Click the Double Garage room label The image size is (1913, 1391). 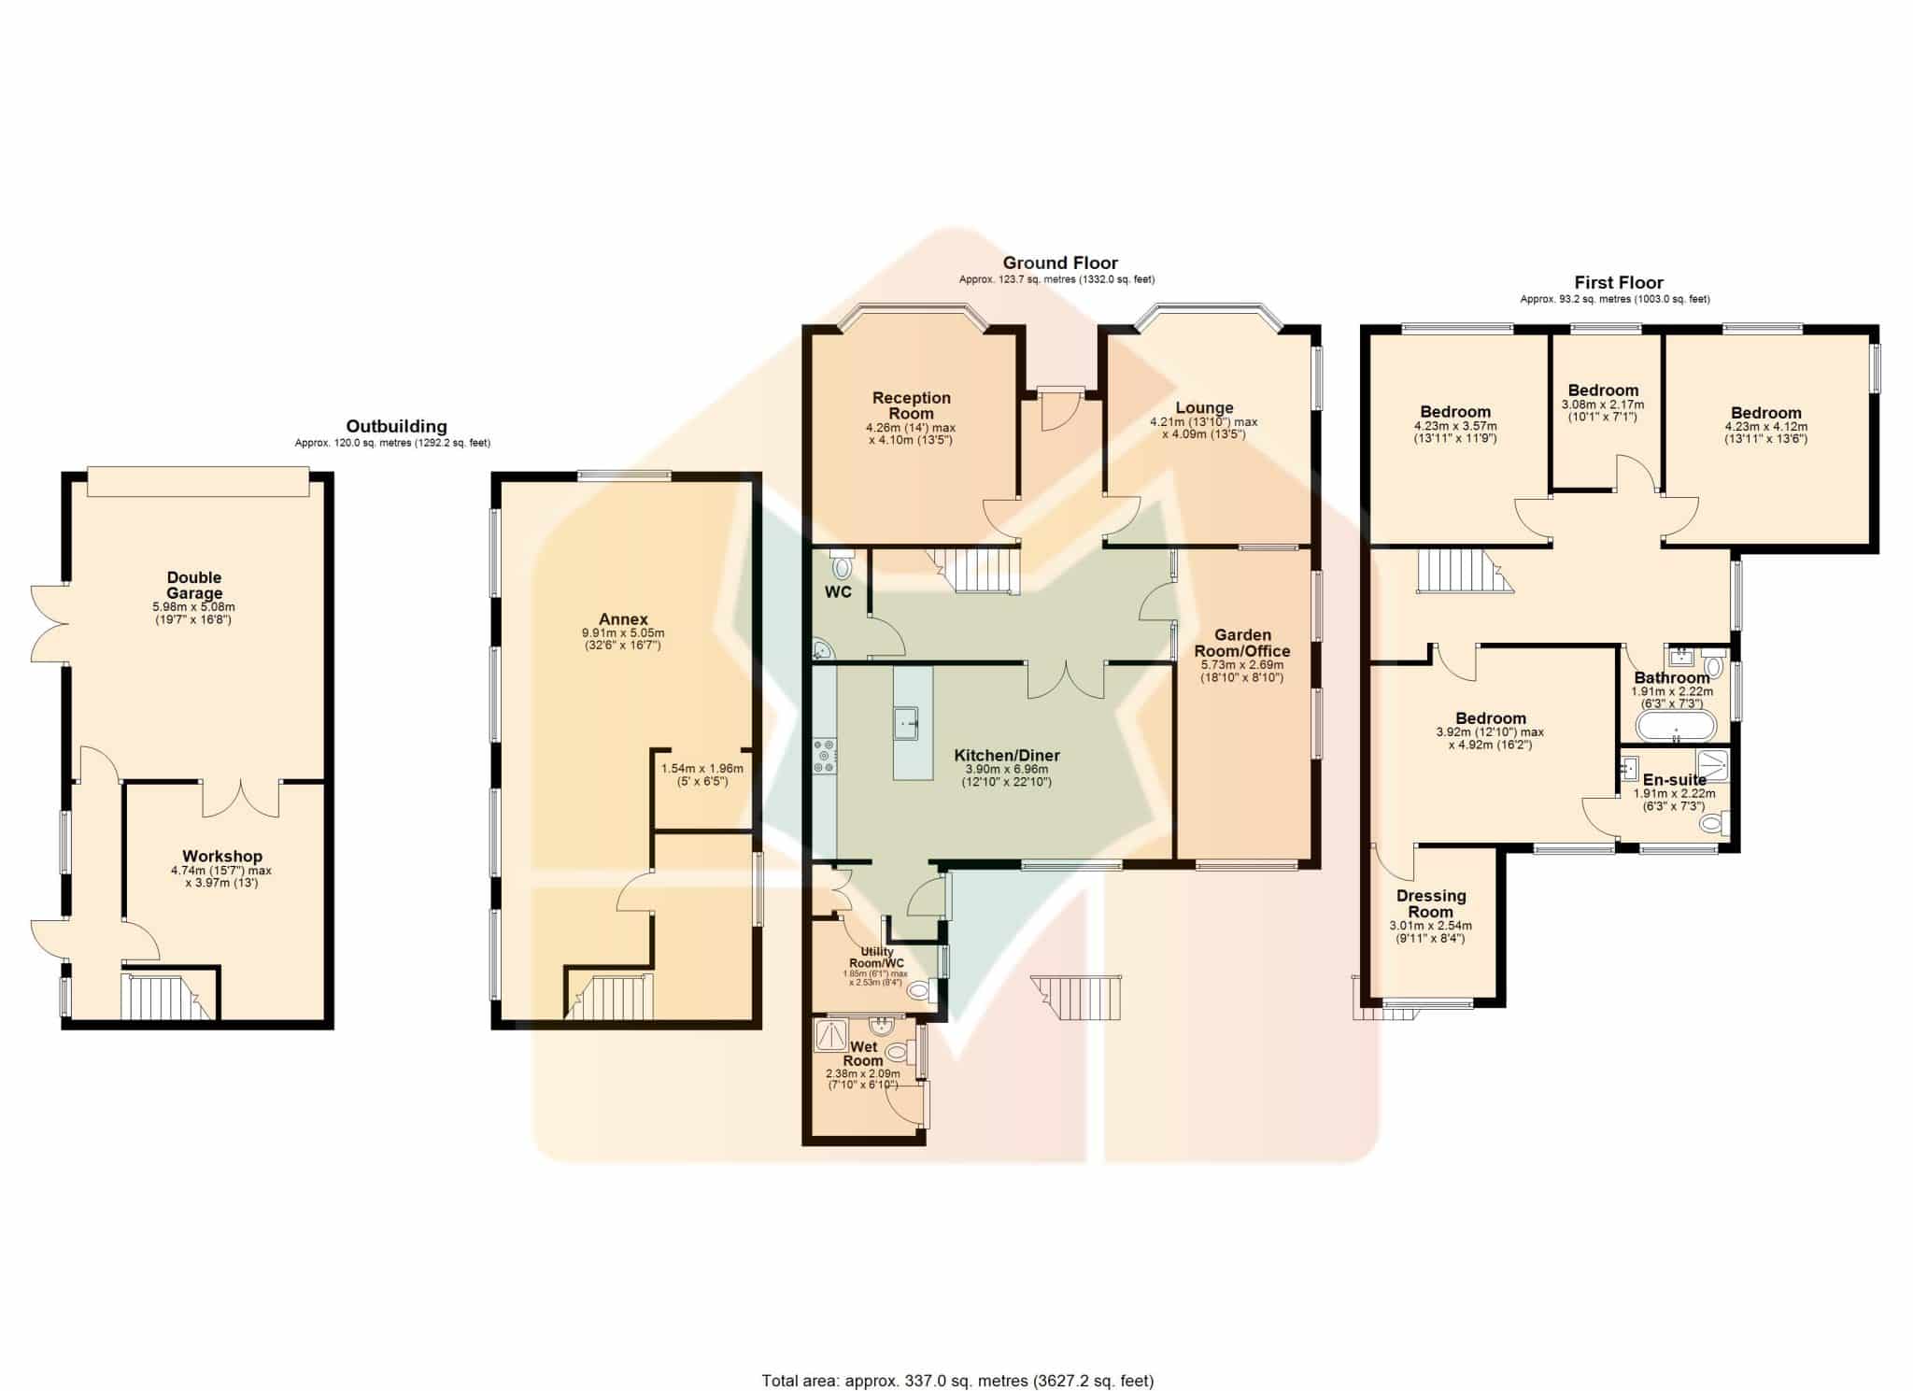pos(194,585)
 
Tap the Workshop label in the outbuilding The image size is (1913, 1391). pos(222,856)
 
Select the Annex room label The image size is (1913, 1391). pos(623,619)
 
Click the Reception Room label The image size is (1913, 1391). pos(912,405)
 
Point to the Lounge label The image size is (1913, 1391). pos(1204,407)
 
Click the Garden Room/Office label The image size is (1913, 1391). pos(1242,643)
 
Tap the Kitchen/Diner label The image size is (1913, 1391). pos(1007,755)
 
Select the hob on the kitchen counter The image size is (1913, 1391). pos(825,756)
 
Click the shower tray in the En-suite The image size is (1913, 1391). pos(1714,762)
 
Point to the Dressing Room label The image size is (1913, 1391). pos(1431,903)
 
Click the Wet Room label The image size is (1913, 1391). pos(863,1054)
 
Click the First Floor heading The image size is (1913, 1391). pos(1619,282)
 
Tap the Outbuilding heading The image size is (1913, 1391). pos(396,426)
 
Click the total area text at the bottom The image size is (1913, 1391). pos(957,1380)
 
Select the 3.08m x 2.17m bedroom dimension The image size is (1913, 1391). pos(1603,405)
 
